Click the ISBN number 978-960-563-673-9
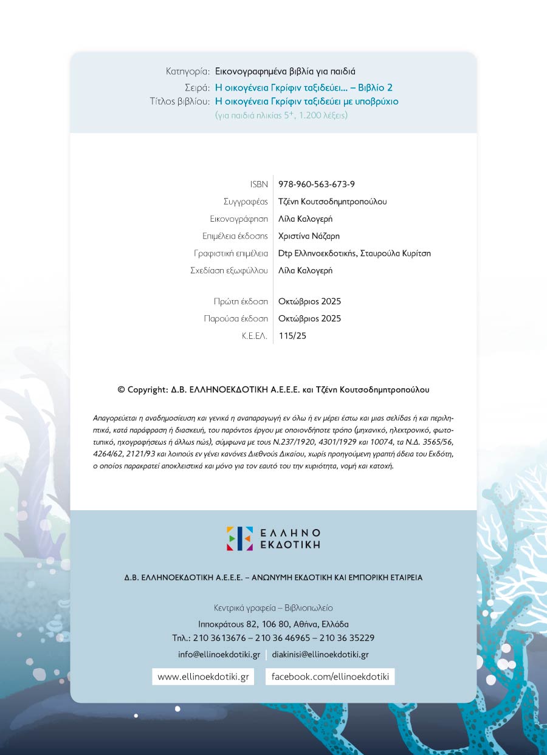pyautogui.click(x=317, y=184)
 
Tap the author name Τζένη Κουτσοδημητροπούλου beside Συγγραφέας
pyautogui.click(x=332, y=202)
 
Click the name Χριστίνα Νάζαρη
pyautogui.click(x=309, y=236)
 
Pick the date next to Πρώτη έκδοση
pyautogui.click(x=309, y=301)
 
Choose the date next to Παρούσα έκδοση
pyautogui.click(x=309, y=318)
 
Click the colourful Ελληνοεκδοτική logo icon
pyautogui.click(x=239, y=539)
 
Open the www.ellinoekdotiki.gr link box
pyautogui.click(x=203, y=677)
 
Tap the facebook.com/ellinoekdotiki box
pyautogui.click(x=330, y=677)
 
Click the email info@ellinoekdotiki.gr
pyautogui.click(x=219, y=655)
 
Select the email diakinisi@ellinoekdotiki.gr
pyautogui.click(x=320, y=655)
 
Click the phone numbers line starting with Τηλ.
pyautogui.click(x=273, y=638)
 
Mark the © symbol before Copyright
pyautogui.click(x=121, y=390)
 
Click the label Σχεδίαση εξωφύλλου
pyautogui.click(x=229, y=271)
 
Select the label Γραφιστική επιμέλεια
pyautogui.click(x=231, y=253)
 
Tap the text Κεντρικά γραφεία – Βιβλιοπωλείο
pyautogui.click(x=273, y=608)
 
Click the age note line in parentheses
pyautogui.click(x=281, y=115)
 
